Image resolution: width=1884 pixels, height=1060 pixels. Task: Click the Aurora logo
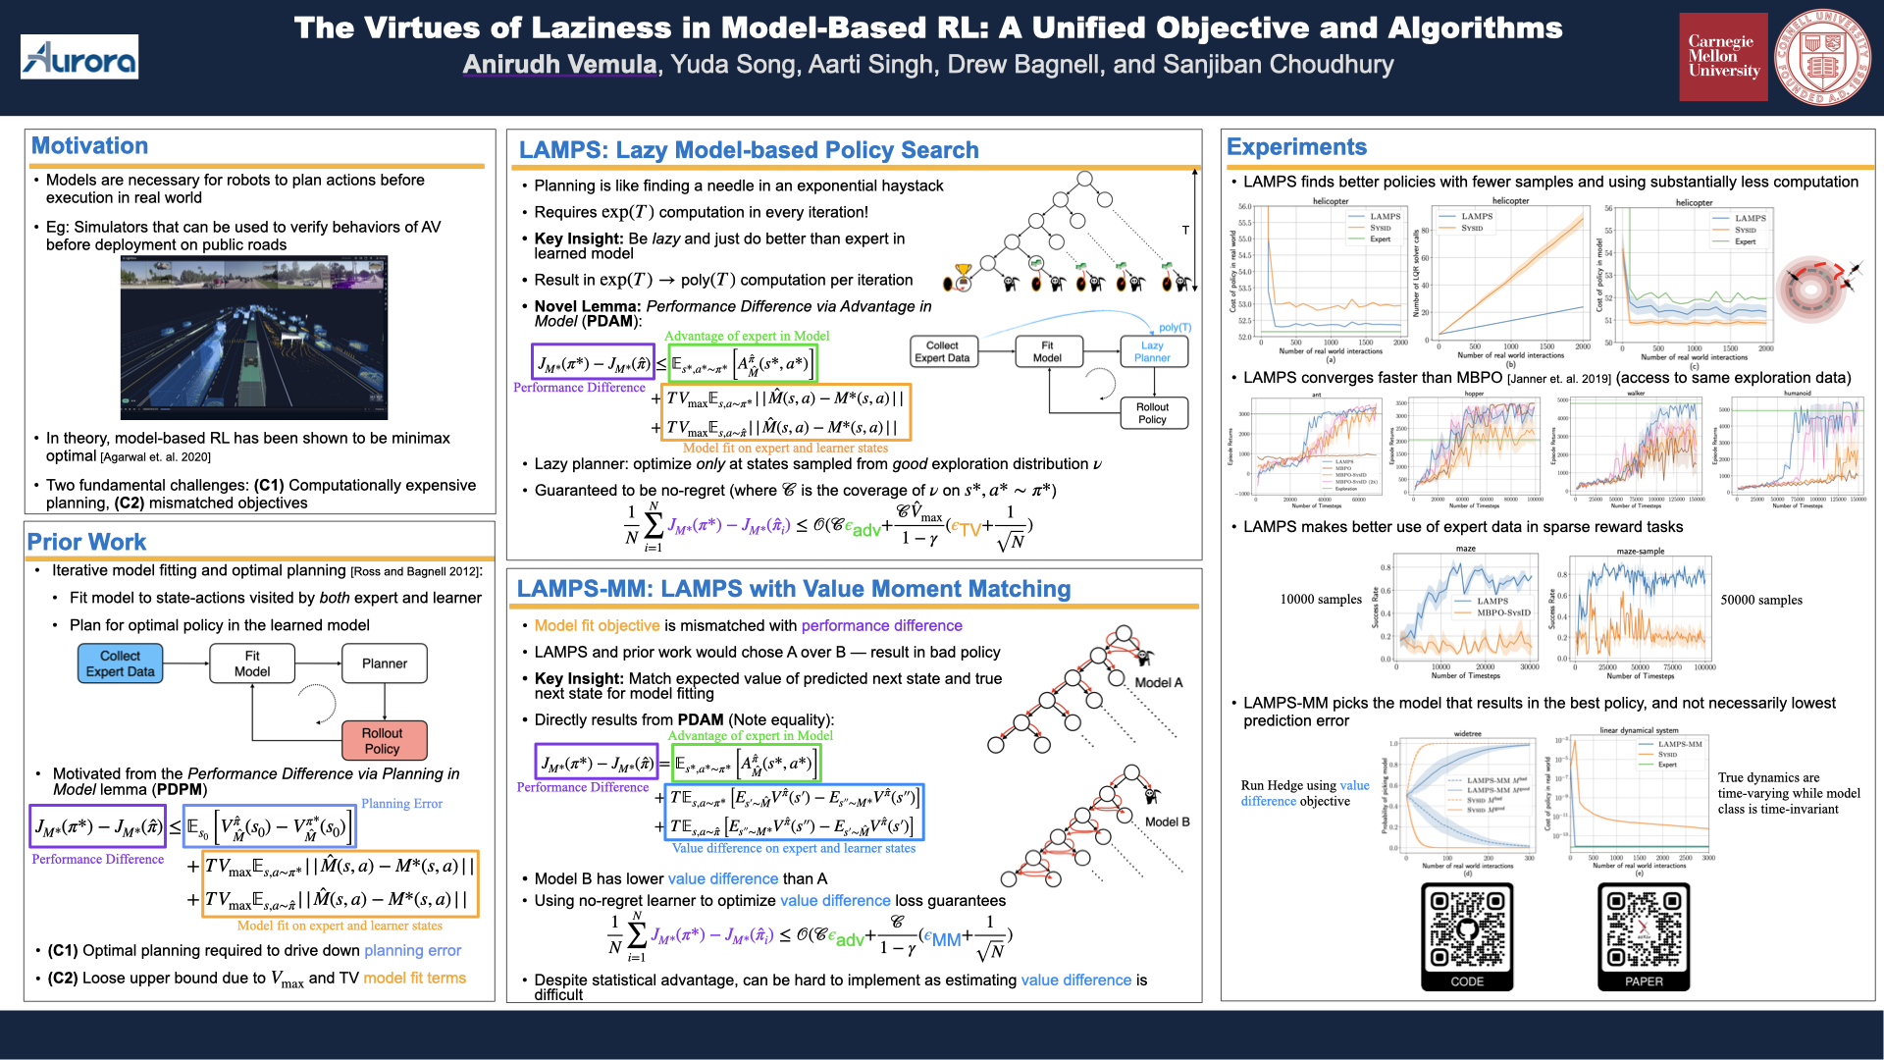coord(79,58)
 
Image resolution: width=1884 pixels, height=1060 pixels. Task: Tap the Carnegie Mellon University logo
coord(1723,57)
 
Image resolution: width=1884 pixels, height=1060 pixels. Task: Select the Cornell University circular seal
coord(1822,57)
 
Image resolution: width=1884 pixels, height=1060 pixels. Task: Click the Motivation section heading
coord(89,146)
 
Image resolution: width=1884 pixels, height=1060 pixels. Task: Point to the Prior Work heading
coord(86,542)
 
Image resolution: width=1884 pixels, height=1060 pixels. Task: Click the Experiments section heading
coord(1296,147)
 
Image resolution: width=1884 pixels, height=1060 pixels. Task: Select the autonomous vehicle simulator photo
coord(254,337)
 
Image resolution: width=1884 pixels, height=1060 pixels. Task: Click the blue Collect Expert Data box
coord(121,663)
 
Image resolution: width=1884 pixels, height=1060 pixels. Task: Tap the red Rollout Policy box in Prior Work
coord(383,741)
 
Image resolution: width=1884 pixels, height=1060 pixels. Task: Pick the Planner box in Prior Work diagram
coord(385,663)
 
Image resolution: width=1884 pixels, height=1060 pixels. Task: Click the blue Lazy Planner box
coord(1153,351)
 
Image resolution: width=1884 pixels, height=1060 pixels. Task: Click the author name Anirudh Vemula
coord(559,65)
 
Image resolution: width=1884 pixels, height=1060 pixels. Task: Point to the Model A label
coord(1159,683)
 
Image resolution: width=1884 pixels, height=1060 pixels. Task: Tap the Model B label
coord(1167,821)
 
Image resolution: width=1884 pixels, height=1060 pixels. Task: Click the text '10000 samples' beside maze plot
coord(1321,600)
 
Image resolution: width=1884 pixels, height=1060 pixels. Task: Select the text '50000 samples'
coord(1761,601)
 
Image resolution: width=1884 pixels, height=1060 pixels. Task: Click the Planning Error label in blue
coord(401,804)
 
